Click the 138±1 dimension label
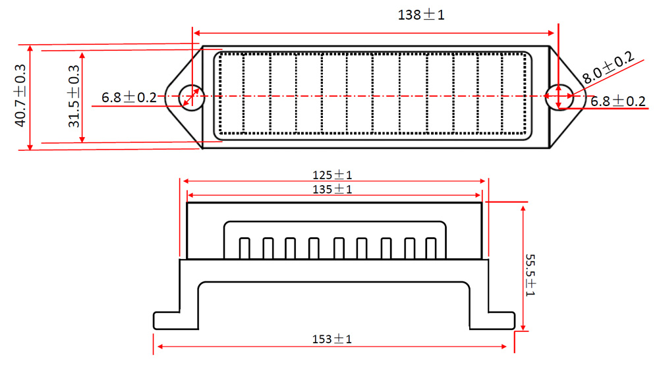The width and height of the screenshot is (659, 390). coord(421,14)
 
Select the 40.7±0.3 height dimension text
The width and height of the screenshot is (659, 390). coord(19,96)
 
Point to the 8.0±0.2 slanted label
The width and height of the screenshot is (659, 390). coord(608,67)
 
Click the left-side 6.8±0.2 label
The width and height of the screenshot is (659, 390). coord(129,97)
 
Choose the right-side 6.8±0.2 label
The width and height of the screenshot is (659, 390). coord(617,101)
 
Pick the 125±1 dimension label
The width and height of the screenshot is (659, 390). coord(333,175)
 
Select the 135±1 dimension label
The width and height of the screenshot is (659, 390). coord(333,189)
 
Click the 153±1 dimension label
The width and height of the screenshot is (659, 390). coord(332,339)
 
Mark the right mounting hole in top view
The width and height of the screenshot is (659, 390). coord(558,96)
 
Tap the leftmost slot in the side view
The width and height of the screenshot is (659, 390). coord(244,248)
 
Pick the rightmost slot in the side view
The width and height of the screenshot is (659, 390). coord(432,248)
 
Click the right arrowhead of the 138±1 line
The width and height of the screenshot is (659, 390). coord(554,32)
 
